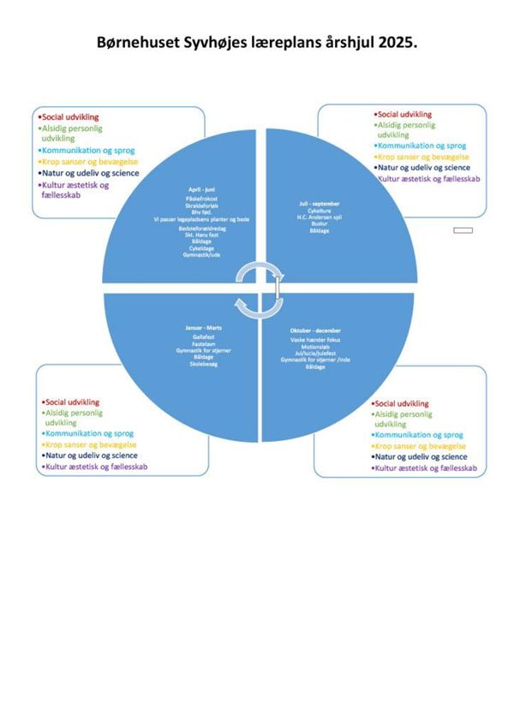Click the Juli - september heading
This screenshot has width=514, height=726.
320,203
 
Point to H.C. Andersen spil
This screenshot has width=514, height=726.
320,216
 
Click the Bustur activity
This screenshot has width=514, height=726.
320,223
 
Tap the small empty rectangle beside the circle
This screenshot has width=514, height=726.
463,230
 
